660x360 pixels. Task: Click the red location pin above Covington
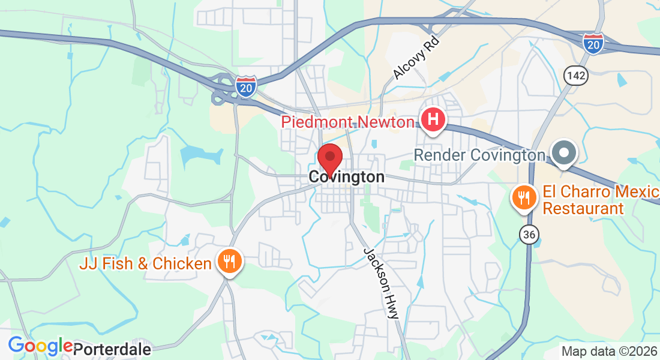click(x=329, y=158)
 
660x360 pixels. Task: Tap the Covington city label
click(x=347, y=177)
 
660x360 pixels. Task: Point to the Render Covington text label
click(x=479, y=155)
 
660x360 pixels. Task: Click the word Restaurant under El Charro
click(x=583, y=209)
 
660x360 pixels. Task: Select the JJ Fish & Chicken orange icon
click(x=229, y=262)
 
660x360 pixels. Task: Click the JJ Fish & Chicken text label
click(x=145, y=263)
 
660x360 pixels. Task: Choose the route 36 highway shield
click(x=529, y=235)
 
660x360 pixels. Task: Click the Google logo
click(x=40, y=346)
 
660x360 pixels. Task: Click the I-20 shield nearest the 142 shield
click(x=593, y=44)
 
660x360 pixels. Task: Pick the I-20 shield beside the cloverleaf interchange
click(x=246, y=86)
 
